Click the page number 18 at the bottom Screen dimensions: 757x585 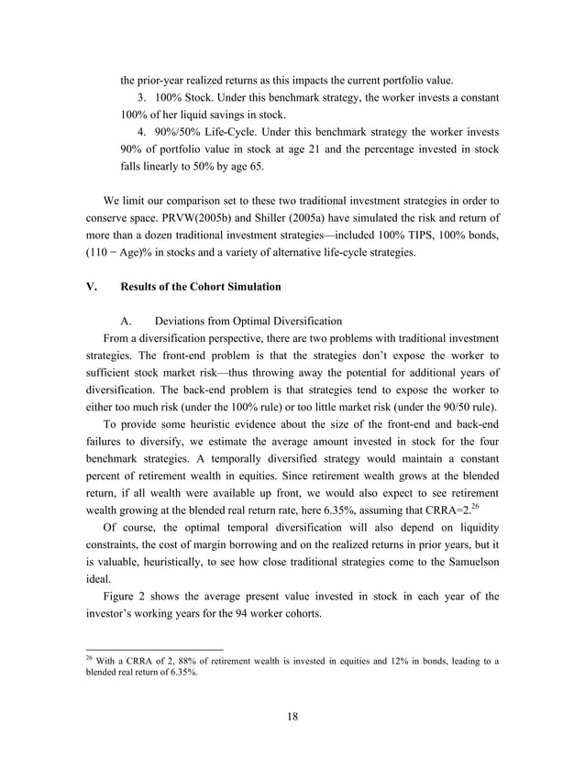pos(292,716)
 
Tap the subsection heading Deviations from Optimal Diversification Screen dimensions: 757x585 pos(248,321)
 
